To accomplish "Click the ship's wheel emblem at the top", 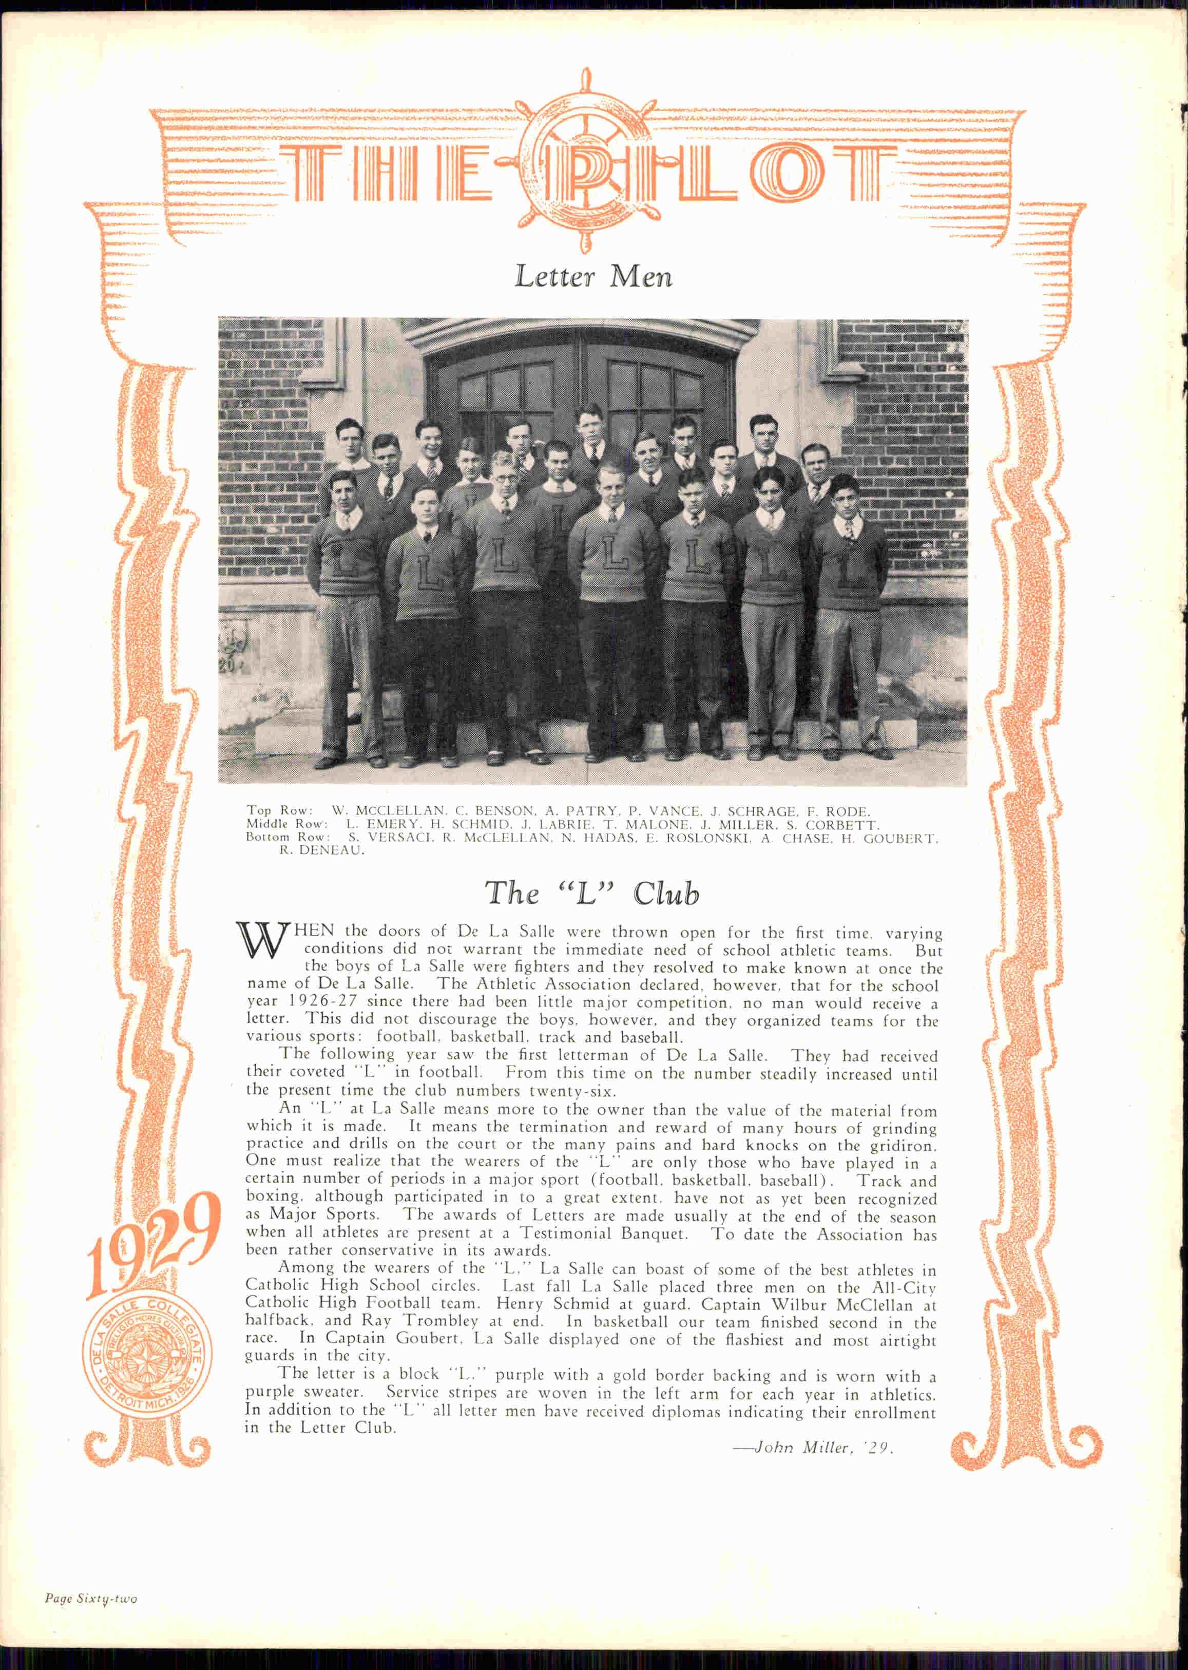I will point(585,162).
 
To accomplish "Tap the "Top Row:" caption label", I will point(279,810).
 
